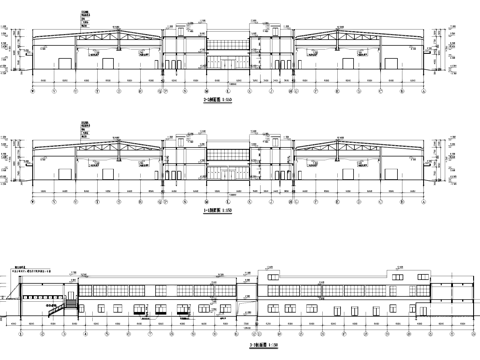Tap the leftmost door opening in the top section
pyautogui.click(x=66, y=65)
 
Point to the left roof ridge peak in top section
pyautogui.click(x=99, y=30)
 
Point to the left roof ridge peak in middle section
pyautogui.click(x=99, y=140)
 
